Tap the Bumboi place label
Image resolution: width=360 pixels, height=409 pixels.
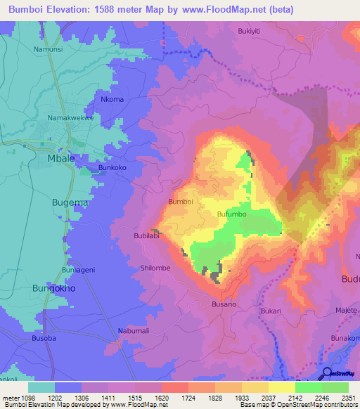(181, 202)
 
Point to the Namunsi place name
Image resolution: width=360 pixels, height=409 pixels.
(48, 50)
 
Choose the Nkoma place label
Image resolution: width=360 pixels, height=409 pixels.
(112, 100)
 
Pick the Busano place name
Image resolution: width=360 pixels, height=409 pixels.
(224, 304)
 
